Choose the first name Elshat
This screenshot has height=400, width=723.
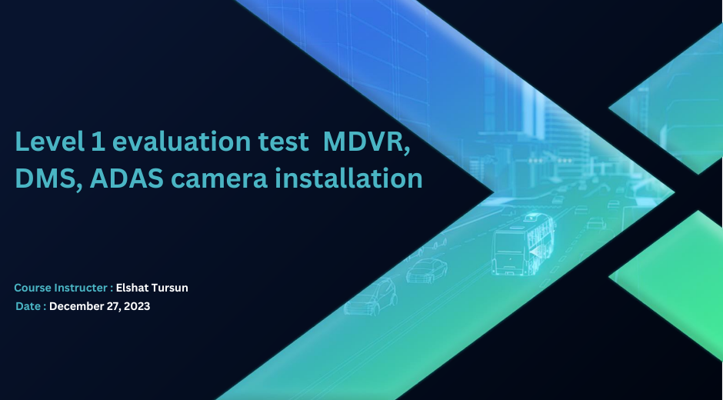pos(132,288)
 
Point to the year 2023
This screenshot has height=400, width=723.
pos(137,306)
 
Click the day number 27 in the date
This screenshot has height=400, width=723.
pos(114,306)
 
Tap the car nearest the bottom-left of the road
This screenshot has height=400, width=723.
pos(371,297)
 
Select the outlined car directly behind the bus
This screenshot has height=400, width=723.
pos(427,270)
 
